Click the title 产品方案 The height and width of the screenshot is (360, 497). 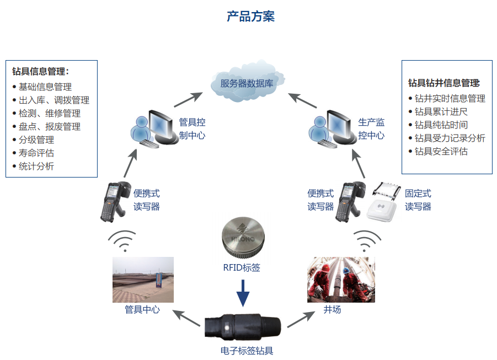[x=251, y=17]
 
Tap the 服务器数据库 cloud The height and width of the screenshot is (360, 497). [x=247, y=84]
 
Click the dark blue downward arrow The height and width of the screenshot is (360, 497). [x=243, y=293]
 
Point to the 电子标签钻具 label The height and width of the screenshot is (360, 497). [x=247, y=351]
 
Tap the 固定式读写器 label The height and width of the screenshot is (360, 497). [x=418, y=200]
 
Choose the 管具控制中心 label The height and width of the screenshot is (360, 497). [x=192, y=128]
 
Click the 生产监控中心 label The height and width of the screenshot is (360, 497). [x=371, y=128]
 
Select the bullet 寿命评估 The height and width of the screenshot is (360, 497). [x=36, y=153]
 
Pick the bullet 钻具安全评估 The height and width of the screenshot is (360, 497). [x=441, y=151]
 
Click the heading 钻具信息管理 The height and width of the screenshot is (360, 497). [x=40, y=72]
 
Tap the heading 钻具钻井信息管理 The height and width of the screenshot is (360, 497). [x=443, y=83]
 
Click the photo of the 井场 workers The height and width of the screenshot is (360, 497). [x=341, y=280]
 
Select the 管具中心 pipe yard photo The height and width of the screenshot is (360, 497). [x=143, y=280]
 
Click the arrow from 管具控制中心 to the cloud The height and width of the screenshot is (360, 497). [x=188, y=99]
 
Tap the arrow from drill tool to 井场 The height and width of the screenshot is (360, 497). [x=301, y=319]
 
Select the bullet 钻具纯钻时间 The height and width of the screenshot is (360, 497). [x=441, y=125]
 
